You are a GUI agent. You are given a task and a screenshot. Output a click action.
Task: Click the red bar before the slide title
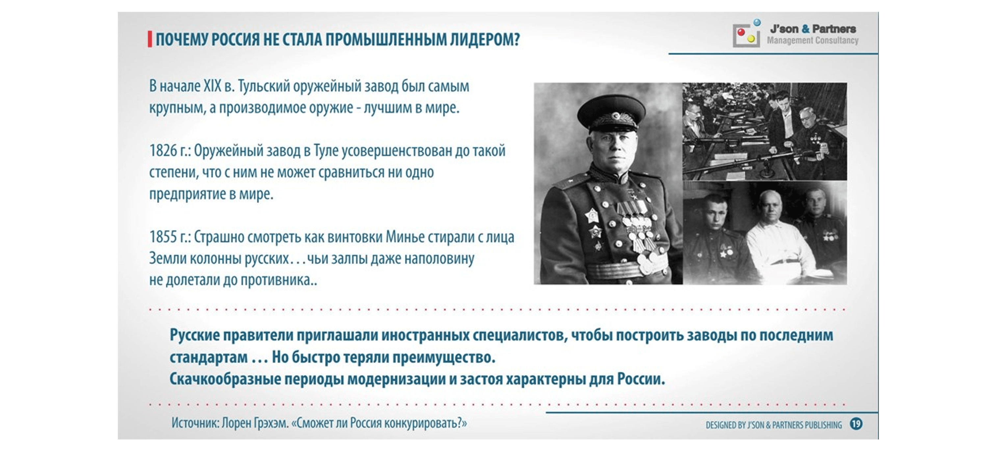[x=150, y=40]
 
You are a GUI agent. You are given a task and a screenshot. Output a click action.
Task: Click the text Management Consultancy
[x=812, y=40]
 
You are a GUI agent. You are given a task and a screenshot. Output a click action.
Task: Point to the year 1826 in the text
[x=163, y=150]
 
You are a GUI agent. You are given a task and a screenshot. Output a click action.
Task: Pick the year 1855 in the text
[x=163, y=237]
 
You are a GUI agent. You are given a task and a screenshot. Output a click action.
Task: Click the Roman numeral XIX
[x=212, y=86]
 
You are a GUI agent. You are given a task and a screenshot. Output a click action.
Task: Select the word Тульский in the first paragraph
[x=264, y=86]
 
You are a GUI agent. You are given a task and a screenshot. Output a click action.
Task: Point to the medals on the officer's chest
[x=635, y=228]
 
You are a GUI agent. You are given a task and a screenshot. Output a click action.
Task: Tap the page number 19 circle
[x=856, y=424]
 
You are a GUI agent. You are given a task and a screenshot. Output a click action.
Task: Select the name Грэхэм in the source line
[x=271, y=423]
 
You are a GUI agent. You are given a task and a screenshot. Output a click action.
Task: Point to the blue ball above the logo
[x=757, y=22]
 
